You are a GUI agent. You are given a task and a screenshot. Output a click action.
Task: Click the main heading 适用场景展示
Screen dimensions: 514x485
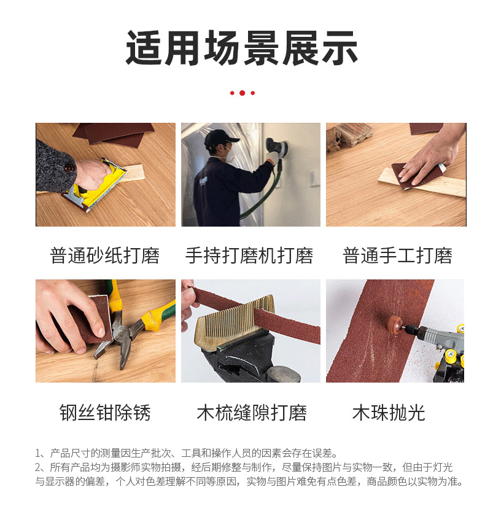click(242, 49)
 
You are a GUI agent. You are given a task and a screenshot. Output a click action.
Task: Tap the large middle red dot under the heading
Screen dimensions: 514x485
click(242, 93)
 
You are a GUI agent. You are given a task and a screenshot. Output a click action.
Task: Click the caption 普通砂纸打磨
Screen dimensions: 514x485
click(105, 255)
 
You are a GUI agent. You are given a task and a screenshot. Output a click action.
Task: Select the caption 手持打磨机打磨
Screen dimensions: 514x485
click(249, 255)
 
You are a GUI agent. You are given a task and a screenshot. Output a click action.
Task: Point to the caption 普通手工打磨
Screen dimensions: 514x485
click(397, 255)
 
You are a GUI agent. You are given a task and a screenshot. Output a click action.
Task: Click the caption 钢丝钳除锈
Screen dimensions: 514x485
click(105, 411)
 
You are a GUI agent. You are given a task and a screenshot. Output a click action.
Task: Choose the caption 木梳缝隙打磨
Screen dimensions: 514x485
click(251, 411)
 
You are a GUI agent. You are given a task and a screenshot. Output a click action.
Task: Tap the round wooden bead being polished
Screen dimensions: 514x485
click(395, 325)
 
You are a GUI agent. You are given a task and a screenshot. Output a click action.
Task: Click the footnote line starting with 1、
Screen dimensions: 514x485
click(187, 453)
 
